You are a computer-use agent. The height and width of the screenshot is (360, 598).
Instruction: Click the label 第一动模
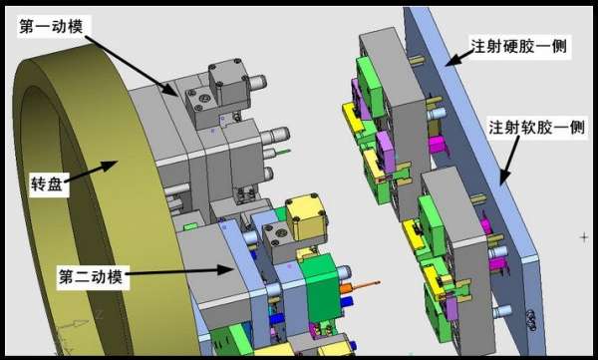[x=51, y=26]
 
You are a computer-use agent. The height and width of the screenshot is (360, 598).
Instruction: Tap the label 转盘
[x=47, y=184]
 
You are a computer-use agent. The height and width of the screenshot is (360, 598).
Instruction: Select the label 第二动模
[x=91, y=276]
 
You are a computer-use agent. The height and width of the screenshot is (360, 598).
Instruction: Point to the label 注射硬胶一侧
[x=519, y=46]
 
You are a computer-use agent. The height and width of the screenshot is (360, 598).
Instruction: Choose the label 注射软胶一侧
[x=536, y=127]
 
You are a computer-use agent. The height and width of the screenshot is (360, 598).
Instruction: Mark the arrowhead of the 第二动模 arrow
[x=226, y=269]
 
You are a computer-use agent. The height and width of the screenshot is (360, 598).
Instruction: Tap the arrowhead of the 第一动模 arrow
[x=170, y=89]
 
